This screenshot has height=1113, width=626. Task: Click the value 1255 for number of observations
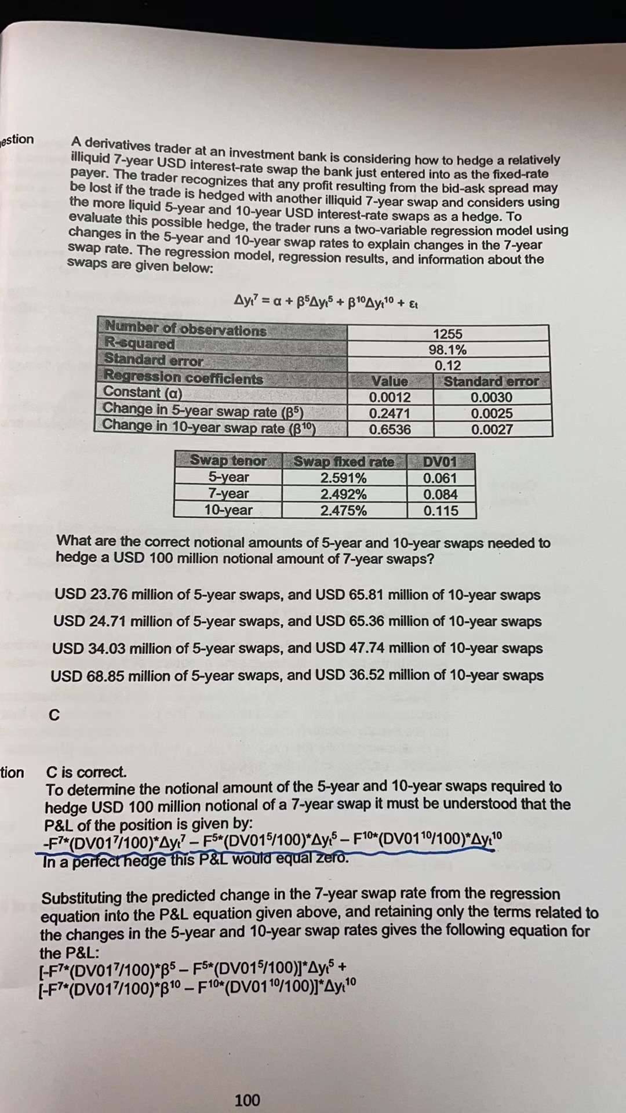[447, 334]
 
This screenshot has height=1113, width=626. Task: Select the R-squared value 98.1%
[447, 350]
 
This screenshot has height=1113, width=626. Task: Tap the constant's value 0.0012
[390, 398]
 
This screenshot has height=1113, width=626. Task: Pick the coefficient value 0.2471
[390, 414]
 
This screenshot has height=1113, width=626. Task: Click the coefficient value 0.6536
[390, 430]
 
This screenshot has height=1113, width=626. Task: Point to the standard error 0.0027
[492, 430]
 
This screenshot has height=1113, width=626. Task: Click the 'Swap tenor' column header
[228, 461]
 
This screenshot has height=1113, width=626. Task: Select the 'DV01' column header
[440, 462]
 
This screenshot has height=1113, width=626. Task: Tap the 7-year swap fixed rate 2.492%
[344, 494]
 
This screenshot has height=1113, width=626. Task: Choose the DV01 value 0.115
[441, 511]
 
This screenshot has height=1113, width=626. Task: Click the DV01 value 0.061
[440, 478]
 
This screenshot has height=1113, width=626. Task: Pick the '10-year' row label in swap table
[228, 510]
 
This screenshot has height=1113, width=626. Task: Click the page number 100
[248, 1100]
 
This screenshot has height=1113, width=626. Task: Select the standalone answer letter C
[54, 715]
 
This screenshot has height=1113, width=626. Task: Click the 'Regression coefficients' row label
[183, 379]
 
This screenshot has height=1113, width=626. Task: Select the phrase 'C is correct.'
[86, 772]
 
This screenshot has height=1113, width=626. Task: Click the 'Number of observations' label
[185, 330]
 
